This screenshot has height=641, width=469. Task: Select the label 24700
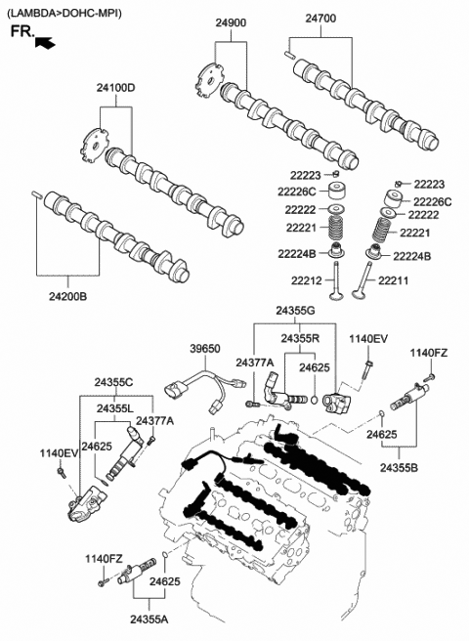tap(320, 18)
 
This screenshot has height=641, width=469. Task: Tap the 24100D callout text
tap(115, 89)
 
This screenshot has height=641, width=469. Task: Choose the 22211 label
tap(392, 281)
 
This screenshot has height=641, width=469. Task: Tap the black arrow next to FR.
tap(44, 41)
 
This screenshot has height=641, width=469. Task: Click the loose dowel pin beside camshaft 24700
tap(290, 54)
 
